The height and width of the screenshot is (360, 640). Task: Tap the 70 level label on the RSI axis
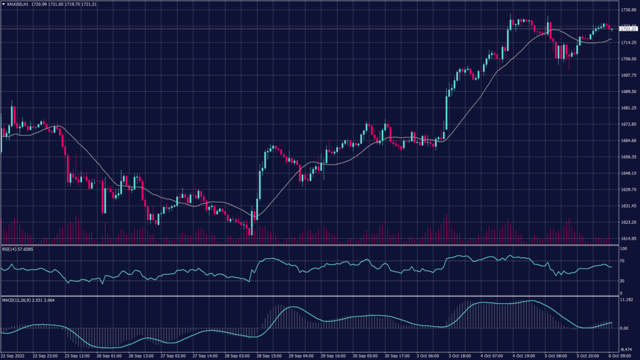(x=622, y=260)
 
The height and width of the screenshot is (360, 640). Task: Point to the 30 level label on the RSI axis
(x=622, y=281)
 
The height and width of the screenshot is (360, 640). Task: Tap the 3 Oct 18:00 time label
(x=459, y=356)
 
